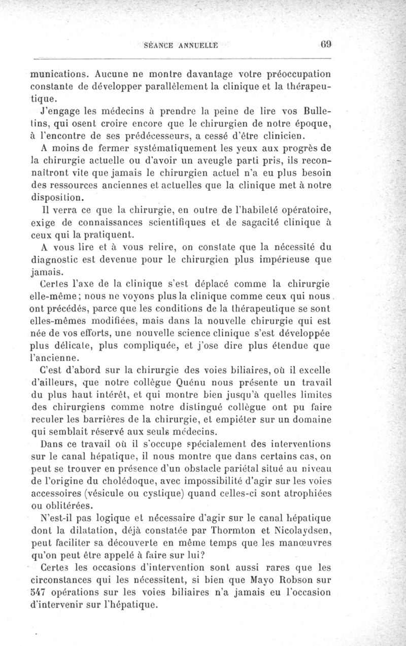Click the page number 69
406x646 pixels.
(x=326, y=44)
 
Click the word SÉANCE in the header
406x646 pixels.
(x=158, y=45)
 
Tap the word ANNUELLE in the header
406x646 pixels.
(x=197, y=45)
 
